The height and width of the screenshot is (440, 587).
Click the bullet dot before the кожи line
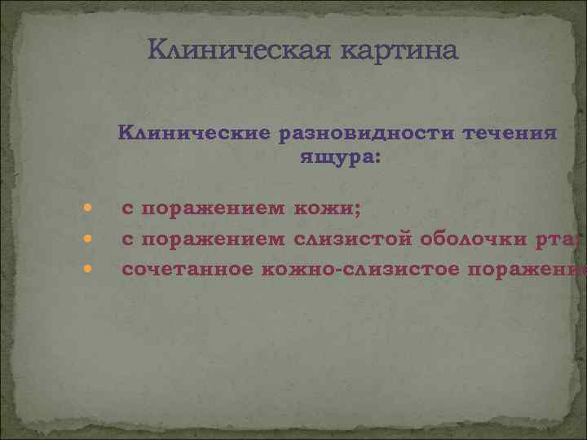[x=87, y=210]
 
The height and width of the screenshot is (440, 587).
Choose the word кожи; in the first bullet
[x=329, y=209]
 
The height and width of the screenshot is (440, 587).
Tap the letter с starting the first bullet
[x=128, y=210]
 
